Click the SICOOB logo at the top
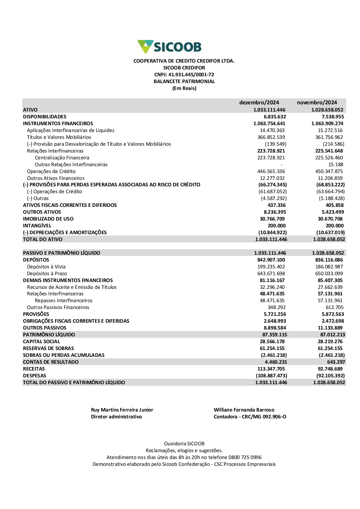[170, 47]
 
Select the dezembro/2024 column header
[259, 103]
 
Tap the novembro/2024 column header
[317, 103]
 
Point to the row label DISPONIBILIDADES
[45, 117]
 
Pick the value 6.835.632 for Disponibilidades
[275, 117]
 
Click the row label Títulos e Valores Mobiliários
[59, 137]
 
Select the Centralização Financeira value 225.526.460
[329, 158]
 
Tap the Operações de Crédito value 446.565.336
[271, 171]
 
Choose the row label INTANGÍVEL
[37, 226]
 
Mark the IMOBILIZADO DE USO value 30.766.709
[272, 219]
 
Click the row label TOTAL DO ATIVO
[42, 239]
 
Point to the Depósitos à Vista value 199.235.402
[271, 267]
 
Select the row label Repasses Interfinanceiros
[64, 300]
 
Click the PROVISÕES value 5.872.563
[333, 314]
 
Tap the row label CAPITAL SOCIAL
[41, 341]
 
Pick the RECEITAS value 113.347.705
[271, 369]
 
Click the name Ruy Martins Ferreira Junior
[122, 410]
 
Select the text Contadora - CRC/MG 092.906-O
[250, 417]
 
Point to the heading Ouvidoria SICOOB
[184, 444]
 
